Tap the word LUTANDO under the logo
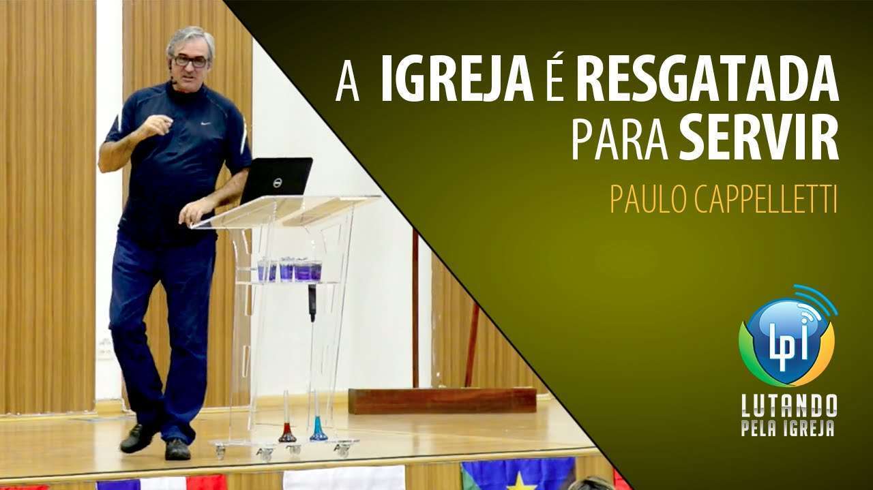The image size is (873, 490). (x=789, y=405)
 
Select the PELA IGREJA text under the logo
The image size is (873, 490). (x=788, y=427)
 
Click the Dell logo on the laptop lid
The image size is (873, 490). (x=277, y=182)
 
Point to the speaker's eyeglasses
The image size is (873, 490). (x=190, y=61)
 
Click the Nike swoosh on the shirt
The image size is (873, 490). (x=205, y=123)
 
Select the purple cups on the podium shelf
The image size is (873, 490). (x=290, y=269)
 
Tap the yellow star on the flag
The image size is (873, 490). (x=519, y=483)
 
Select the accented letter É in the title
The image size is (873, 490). (x=555, y=79)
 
